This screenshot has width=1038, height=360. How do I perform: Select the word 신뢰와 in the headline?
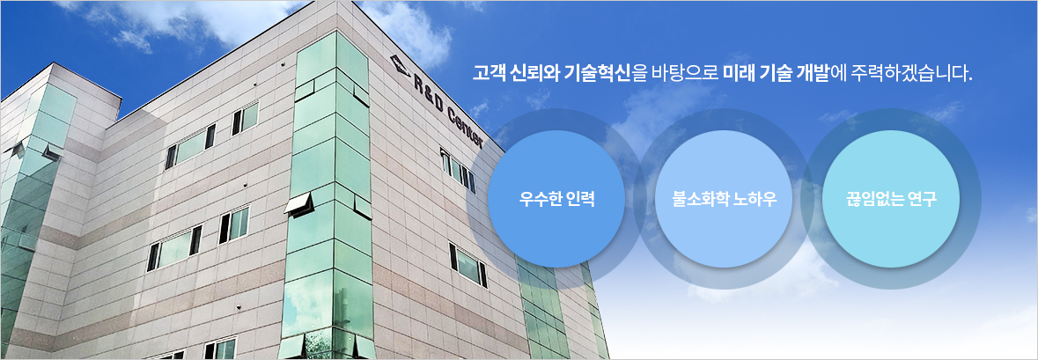pyautogui.click(x=534, y=73)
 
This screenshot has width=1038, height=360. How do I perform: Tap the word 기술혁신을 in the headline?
pyautogui.click(x=606, y=73)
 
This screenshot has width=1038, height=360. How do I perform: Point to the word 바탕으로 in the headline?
pyautogui.click(x=685, y=73)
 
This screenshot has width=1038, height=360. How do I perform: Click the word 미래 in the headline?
pyautogui.click(x=739, y=73)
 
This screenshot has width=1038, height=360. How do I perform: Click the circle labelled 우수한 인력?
pyautogui.click(x=556, y=199)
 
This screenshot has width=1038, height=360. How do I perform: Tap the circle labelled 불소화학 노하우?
pyautogui.click(x=724, y=199)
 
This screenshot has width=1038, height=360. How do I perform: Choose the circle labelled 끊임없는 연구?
pyautogui.click(x=890, y=199)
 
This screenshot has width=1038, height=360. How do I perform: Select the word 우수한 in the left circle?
pyautogui.click(x=541, y=199)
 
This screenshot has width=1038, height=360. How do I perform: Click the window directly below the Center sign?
pyautogui.click(x=459, y=171)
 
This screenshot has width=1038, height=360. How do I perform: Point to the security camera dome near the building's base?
pyautogui.click(x=239, y=308)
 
